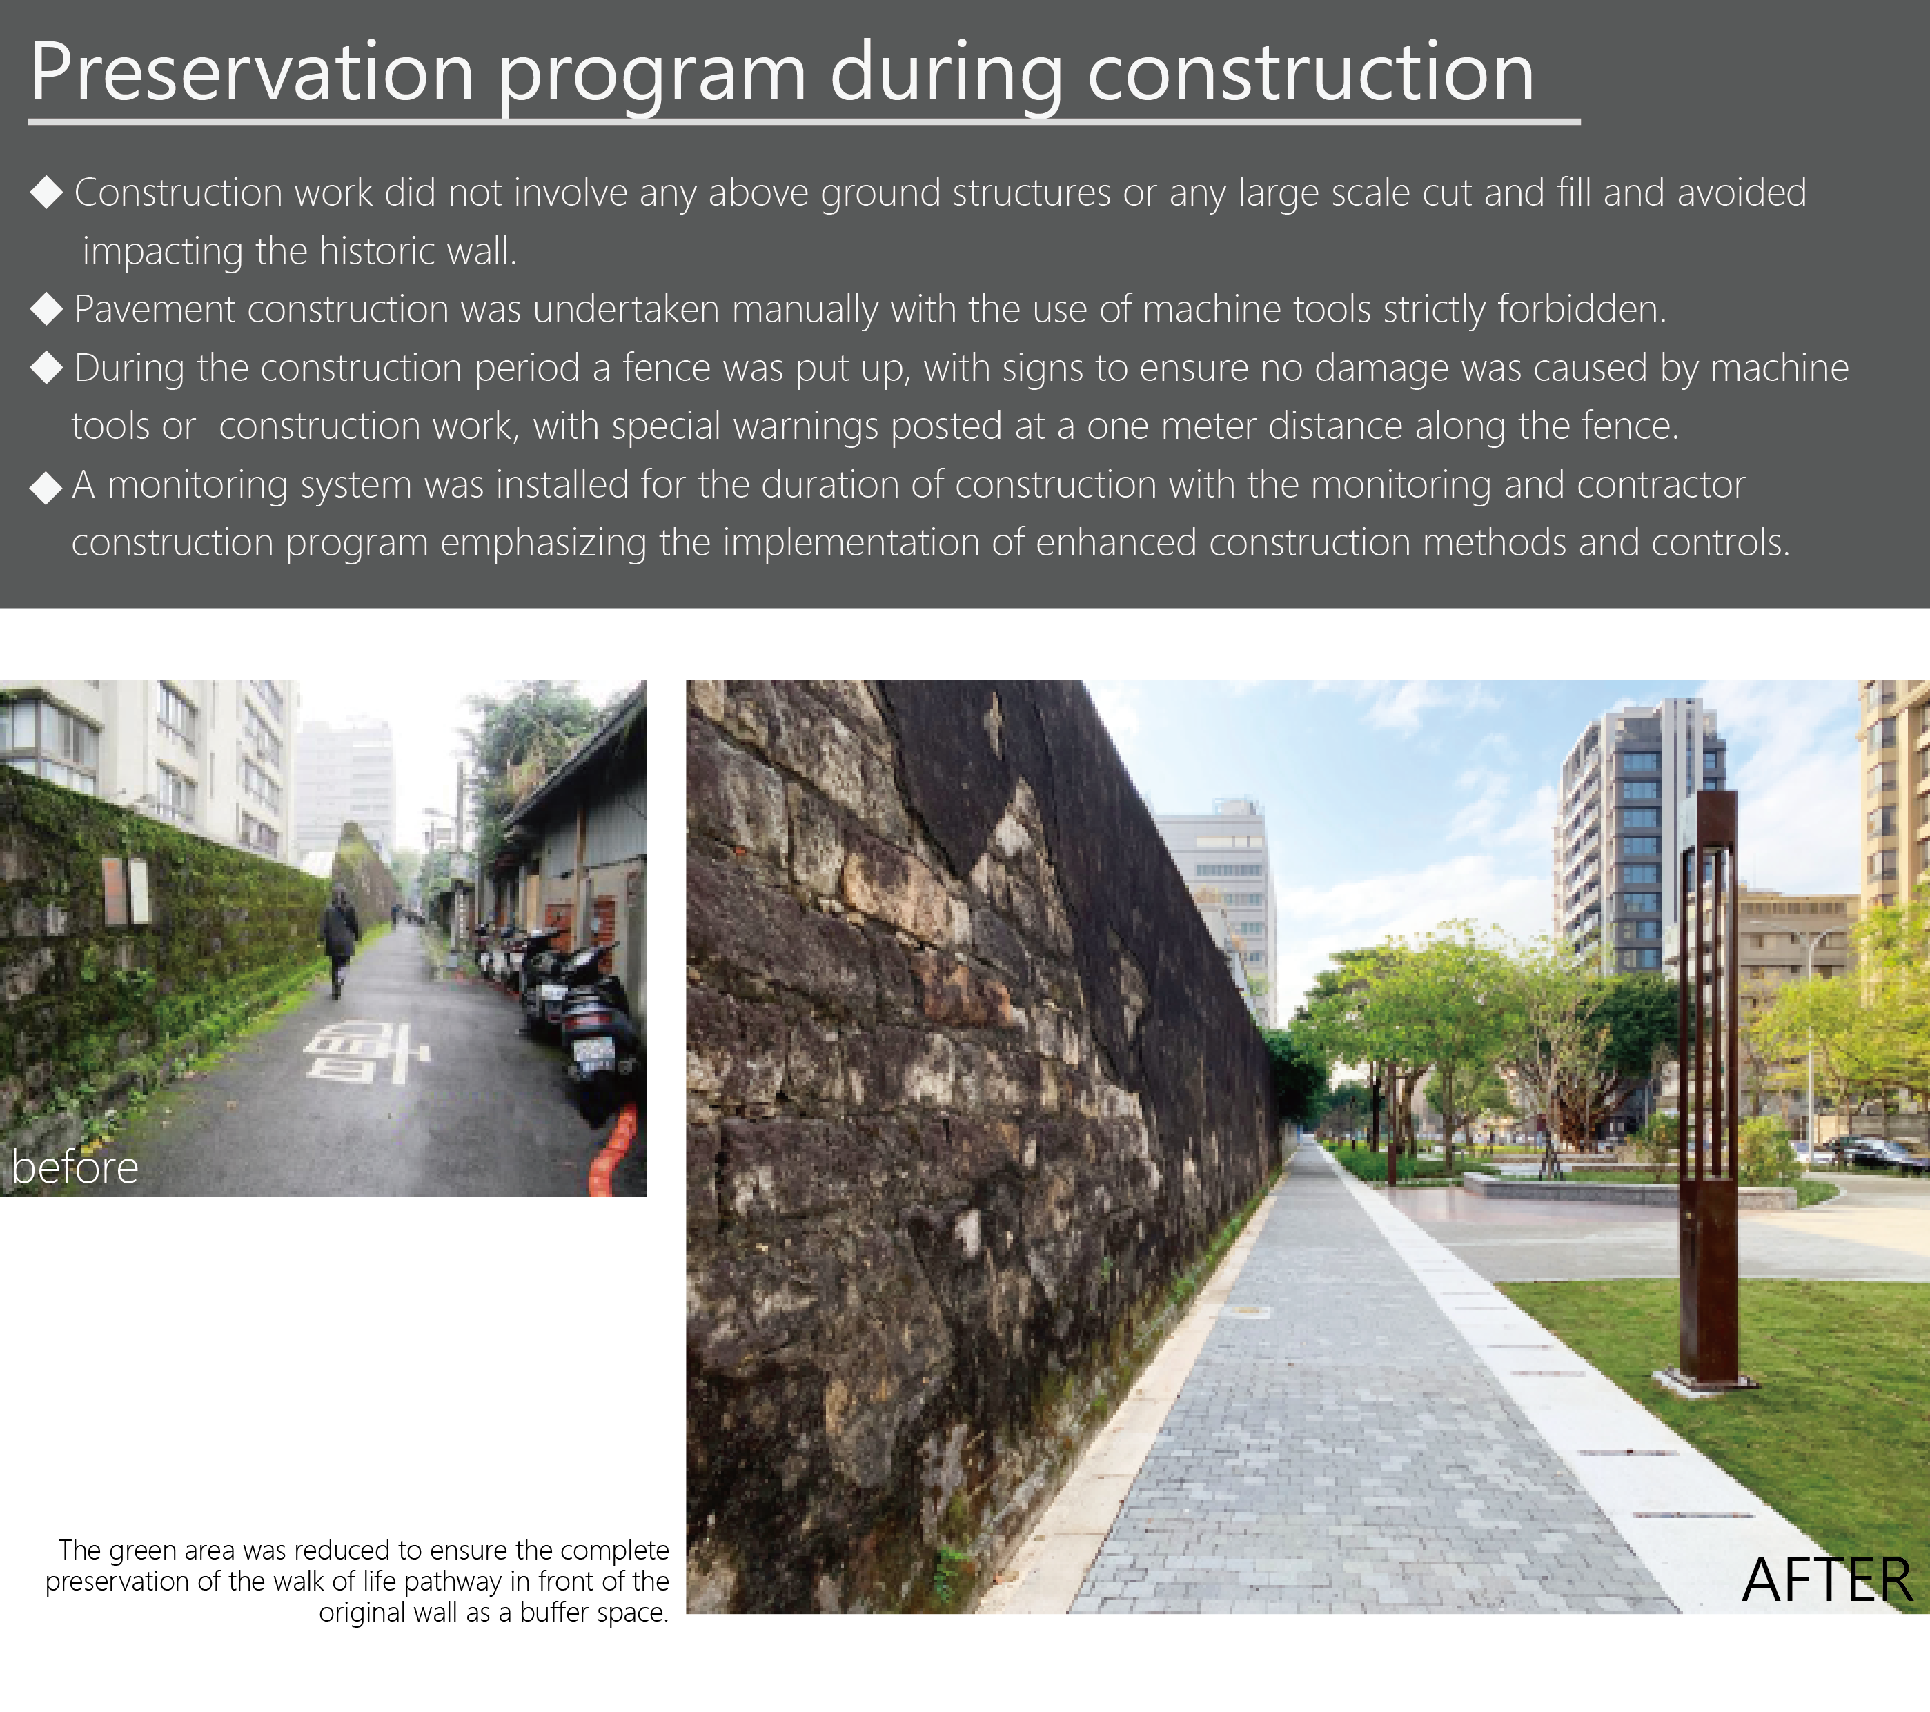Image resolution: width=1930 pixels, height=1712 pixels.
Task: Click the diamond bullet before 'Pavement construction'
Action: pos(46,308)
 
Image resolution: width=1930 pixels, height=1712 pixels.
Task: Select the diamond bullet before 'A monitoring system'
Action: pos(46,487)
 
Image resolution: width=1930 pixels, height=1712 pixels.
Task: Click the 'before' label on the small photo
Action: pos(75,1167)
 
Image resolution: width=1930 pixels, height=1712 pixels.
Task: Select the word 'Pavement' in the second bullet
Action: pos(155,308)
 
